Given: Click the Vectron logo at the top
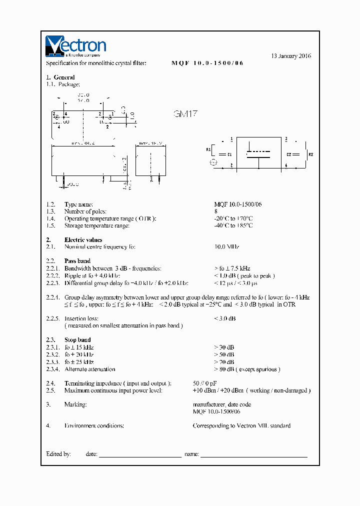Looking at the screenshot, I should pos(75,45).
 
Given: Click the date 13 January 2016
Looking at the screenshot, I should pos(291,56).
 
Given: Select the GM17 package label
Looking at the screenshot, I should pos(185,114).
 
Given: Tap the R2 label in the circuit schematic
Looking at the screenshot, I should pos(310,154).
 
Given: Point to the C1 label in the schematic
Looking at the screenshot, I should pos(229,154).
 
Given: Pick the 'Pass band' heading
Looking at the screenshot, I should pos(77,261).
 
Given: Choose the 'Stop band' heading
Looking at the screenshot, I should pos(77,340).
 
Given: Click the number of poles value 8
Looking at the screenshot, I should pos(216,211).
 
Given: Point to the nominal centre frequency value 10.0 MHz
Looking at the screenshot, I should pos(226,247).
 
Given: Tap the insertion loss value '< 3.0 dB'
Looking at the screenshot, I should pos(224,318).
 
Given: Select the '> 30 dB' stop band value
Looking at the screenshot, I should pos(224,347).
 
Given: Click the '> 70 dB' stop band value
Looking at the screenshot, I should pos(224,362).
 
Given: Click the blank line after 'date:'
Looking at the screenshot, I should pos(140,455).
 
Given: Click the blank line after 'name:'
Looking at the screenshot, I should pos(253,455).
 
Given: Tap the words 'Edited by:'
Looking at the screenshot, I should pos(58,454).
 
